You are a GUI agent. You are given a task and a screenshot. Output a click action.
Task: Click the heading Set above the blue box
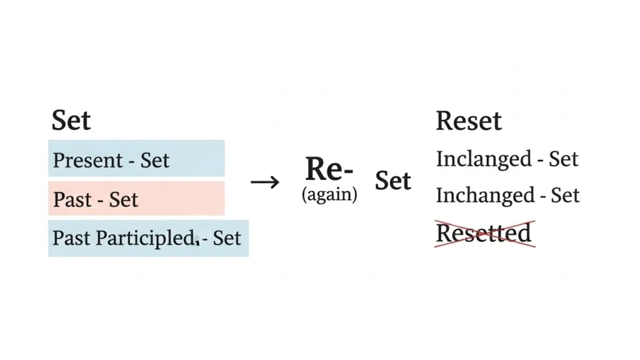tap(71, 120)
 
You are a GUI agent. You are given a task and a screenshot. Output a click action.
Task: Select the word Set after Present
tap(154, 161)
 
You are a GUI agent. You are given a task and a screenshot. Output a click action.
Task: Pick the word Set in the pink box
tap(123, 200)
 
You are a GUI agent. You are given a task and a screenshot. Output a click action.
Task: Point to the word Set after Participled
tap(226, 238)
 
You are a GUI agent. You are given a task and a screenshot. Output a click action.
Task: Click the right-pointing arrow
tap(265, 182)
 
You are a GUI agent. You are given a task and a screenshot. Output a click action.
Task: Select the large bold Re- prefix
tap(329, 169)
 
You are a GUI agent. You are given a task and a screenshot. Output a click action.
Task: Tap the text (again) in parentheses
tap(329, 195)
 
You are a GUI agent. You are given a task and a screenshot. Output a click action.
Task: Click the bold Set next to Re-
tap(392, 181)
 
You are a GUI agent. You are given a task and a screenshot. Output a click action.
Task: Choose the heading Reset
tap(468, 121)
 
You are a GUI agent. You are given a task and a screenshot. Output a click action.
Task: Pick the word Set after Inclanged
tap(564, 159)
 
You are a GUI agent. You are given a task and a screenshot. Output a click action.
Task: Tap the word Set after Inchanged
tap(564, 196)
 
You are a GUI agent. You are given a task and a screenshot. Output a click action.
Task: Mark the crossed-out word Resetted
tap(483, 233)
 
